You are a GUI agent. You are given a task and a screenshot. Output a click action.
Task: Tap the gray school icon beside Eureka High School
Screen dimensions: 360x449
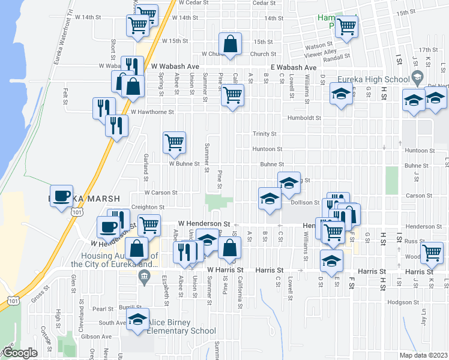(416, 77)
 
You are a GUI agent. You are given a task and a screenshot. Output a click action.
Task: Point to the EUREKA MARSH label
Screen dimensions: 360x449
(85, 198)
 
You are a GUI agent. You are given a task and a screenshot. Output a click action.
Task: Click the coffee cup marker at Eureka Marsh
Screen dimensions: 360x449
(61, 197)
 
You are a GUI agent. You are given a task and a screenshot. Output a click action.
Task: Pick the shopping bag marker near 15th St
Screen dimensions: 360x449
(230, 44)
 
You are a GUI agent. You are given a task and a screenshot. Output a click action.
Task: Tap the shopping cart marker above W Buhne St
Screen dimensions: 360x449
(174, 143)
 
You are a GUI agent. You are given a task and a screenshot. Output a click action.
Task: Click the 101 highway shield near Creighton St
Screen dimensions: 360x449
(76, 212)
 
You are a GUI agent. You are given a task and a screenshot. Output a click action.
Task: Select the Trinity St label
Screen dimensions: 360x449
(264, 134)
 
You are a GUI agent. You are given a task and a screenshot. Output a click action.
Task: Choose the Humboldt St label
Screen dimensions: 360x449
(301, 118)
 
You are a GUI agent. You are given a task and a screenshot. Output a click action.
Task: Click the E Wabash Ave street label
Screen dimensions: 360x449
(294, 68)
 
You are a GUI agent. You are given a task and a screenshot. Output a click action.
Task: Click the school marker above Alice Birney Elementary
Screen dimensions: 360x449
(138, 320)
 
